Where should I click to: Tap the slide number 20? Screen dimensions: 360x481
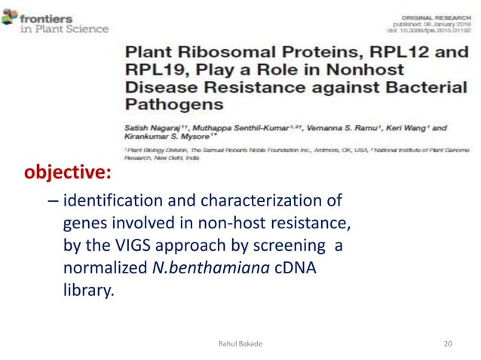tap(449, 344)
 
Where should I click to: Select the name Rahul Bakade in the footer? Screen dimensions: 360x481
tap(240, 344)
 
